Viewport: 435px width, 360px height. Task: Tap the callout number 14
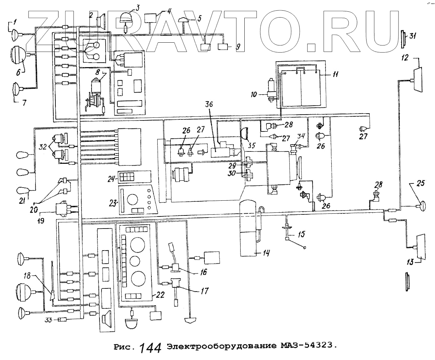266,254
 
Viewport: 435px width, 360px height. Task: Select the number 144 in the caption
150,348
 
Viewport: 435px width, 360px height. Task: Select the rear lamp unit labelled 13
420,246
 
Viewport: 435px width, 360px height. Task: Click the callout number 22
160,295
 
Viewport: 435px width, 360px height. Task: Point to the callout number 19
41,221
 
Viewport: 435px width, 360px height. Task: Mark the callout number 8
98,72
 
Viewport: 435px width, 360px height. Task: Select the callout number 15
301,235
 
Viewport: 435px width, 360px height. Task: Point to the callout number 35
252,146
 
